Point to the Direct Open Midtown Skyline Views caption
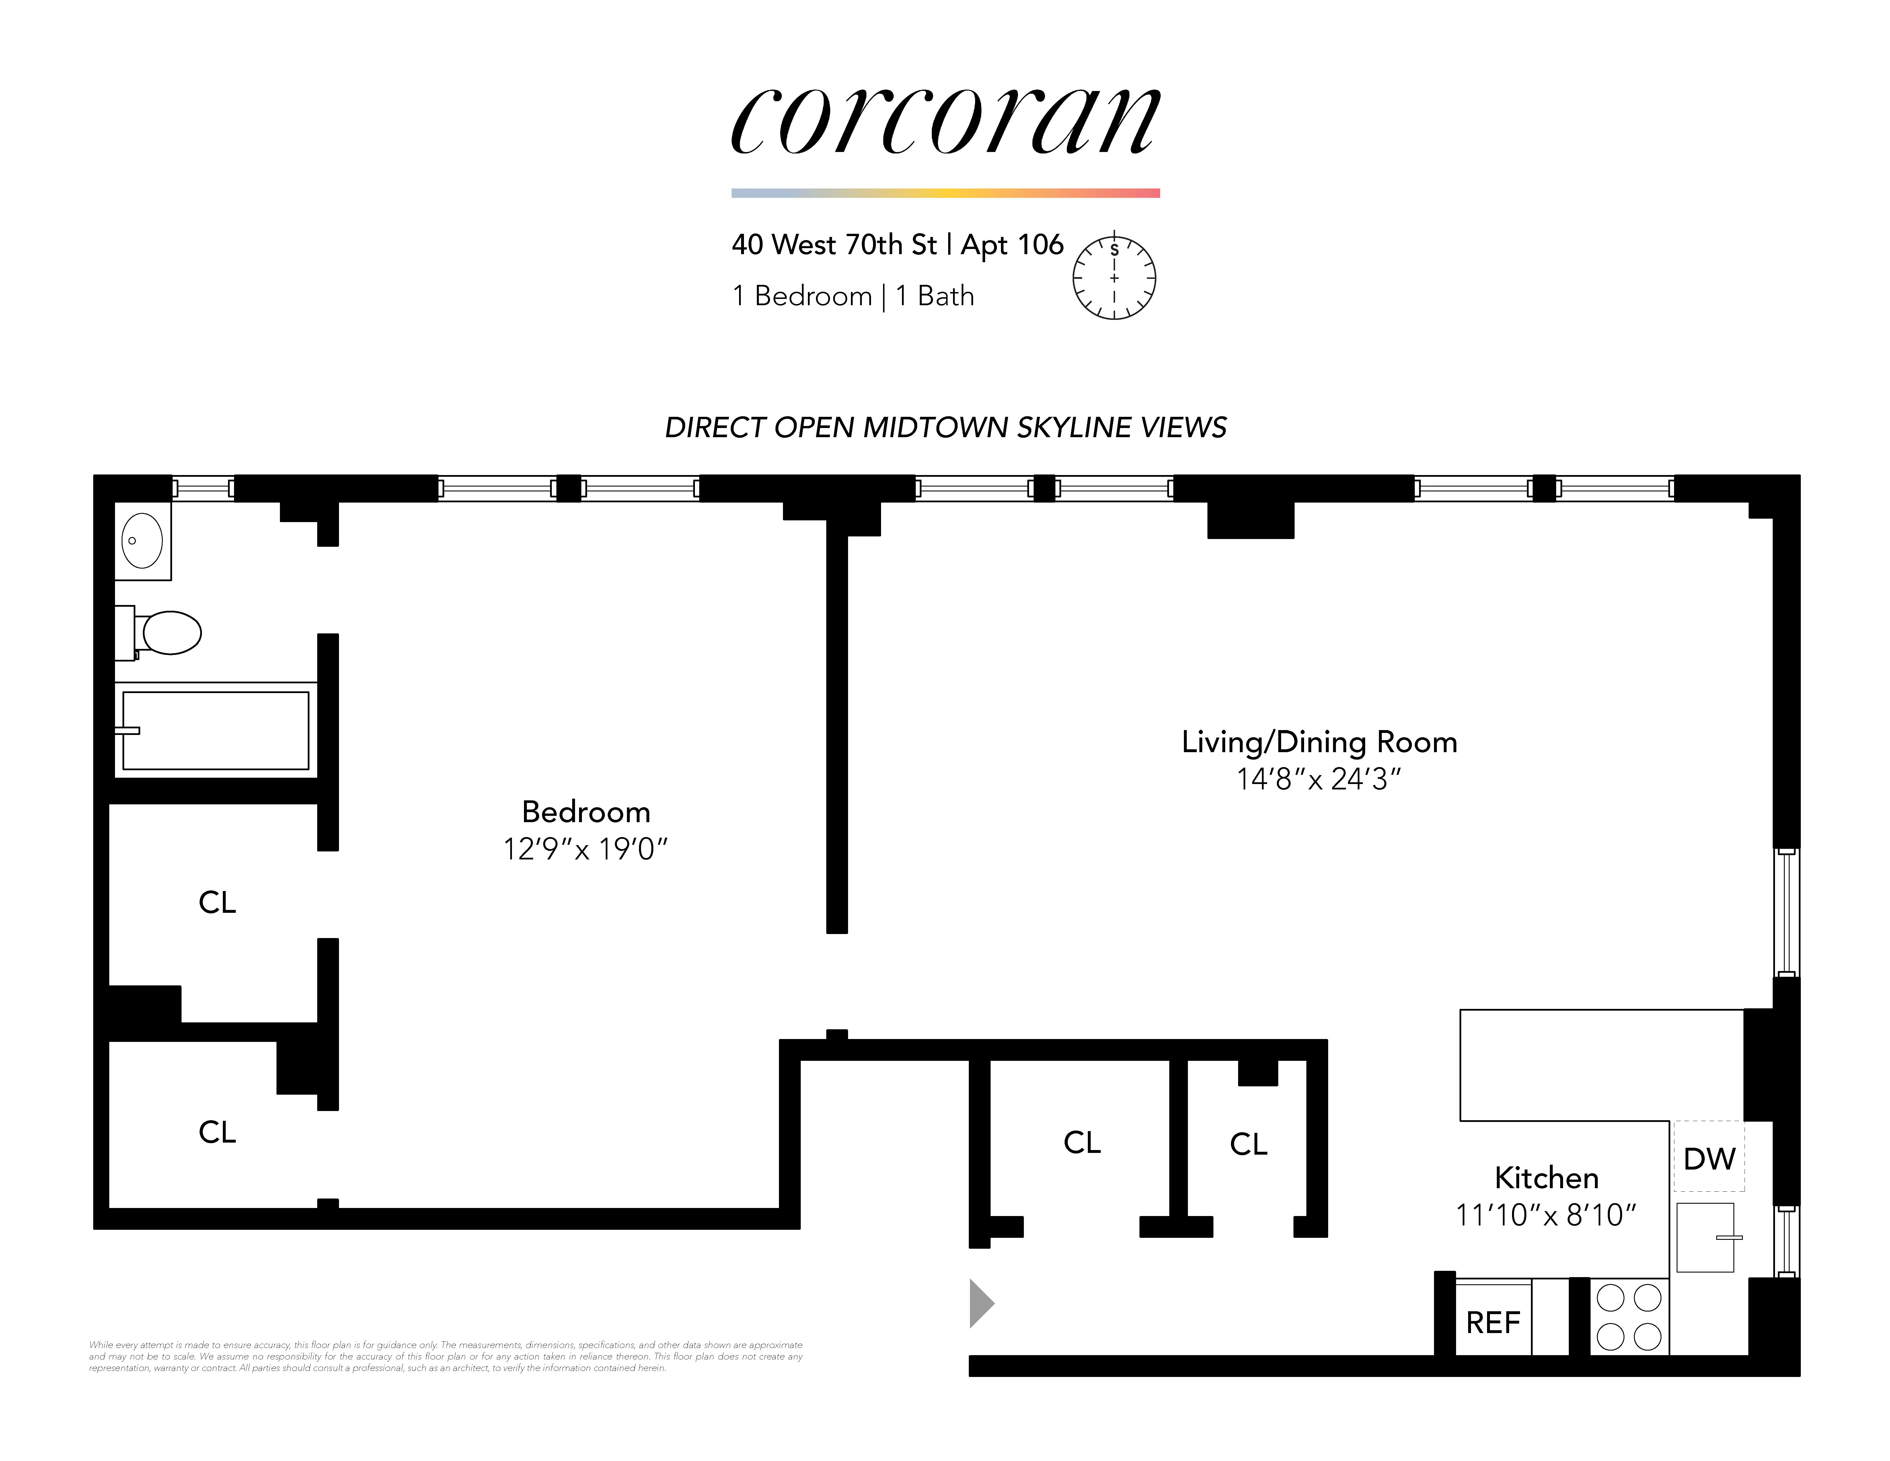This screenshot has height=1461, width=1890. (945, 427)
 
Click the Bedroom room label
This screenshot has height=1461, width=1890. (586, 812)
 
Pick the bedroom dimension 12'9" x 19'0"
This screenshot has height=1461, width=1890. (586, 849)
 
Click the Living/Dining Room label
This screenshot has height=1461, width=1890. (1319, 742)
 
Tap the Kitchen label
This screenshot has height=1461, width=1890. (1546, 1178)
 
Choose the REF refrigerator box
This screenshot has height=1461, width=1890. (1493, 1322)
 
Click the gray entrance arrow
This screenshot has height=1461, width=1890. (981, 1303)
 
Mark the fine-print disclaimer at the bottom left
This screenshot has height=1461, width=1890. (446, 1356)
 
